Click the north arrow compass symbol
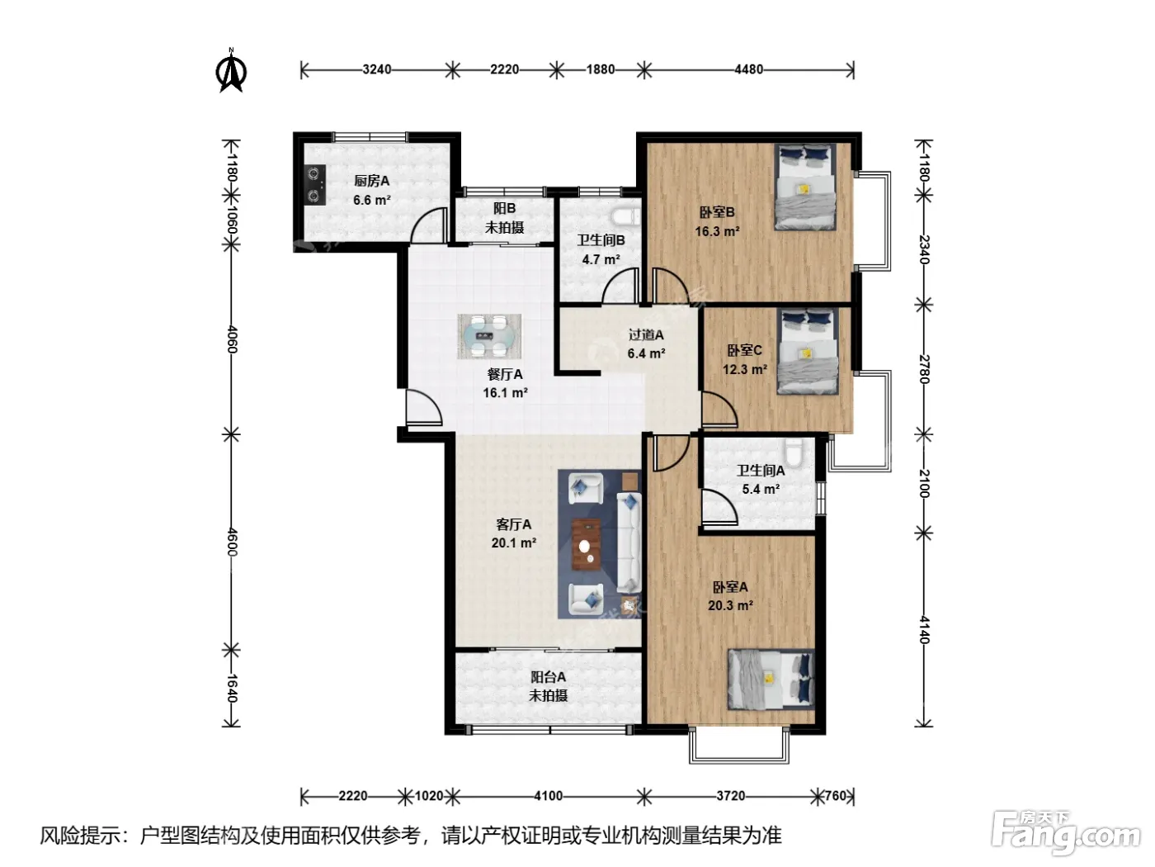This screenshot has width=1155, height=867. click(x=230, y=70)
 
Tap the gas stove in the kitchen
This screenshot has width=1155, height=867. click(x=314, y=184)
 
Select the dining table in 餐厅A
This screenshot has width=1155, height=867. click(x=489, y=336)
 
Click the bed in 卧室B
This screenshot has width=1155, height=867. click(x=804, y=187)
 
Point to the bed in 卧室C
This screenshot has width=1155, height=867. click(x=808, y=351)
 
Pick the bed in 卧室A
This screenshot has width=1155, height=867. click(x=771, y=679)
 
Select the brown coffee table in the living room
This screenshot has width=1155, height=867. click(x=586, y=544)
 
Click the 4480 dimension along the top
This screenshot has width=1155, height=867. click(x=748, y=69)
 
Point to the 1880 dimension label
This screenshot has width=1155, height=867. click(x=601, y=69)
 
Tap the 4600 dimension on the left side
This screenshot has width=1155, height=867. click(x=232, y=542)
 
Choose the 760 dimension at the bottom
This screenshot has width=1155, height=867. click(x=835, y=795)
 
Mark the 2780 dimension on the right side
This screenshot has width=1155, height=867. click(x=925, y=369)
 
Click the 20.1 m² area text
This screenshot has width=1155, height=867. click(x=514, y=542)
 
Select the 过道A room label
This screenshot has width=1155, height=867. click(x=646, y=334)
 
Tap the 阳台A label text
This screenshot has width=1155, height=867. click(x=548, y=676)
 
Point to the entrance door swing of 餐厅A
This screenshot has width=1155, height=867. click(x=423, y=407)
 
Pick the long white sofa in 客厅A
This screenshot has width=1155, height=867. click(x=629, y=542)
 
